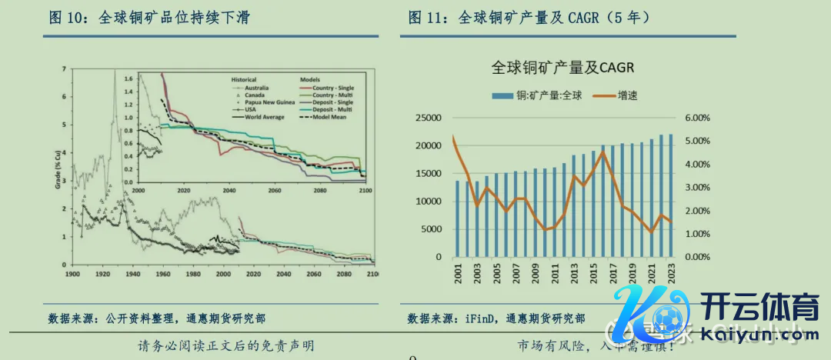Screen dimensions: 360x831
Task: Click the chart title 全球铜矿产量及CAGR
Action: tap(562, 68)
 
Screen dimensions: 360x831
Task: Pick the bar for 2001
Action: tap(457, 218)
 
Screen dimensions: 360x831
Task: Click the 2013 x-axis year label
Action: tap(572, 273)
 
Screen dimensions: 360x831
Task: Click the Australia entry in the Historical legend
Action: tap(260, 87)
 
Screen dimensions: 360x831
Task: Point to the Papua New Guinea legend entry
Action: tap(269, 102)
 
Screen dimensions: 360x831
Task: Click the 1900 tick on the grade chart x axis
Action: tap(73, 274)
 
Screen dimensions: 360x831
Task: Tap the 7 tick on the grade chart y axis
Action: tap(63, 69)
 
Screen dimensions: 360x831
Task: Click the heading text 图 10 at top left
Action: tap(65, 16)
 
